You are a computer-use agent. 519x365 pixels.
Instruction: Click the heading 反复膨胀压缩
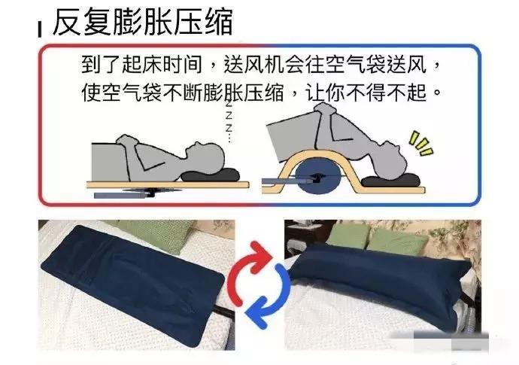(143, 22)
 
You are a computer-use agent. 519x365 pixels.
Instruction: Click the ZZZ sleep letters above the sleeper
(229, 121)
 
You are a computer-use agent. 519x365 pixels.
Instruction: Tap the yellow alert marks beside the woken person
(420, 143)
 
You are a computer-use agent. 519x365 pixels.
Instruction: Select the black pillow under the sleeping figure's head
(211, 175)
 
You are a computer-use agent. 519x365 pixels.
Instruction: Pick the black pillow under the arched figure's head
(390, 180)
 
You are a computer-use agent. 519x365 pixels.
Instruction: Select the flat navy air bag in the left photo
(132, 284)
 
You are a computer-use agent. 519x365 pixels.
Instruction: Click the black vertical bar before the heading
(40, 29)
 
